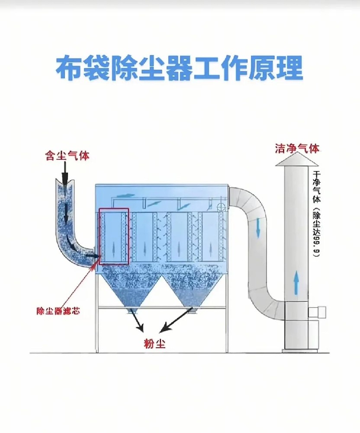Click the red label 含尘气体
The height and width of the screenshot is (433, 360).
click(x=67, y=155)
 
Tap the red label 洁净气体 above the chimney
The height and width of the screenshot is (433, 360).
click(x=297, y=149)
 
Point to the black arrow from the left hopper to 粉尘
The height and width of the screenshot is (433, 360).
click(x=138, y=321)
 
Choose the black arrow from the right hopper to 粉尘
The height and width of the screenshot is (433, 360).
click(x=177, y=321)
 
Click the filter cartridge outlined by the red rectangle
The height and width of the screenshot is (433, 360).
click(x=114, y=236)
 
